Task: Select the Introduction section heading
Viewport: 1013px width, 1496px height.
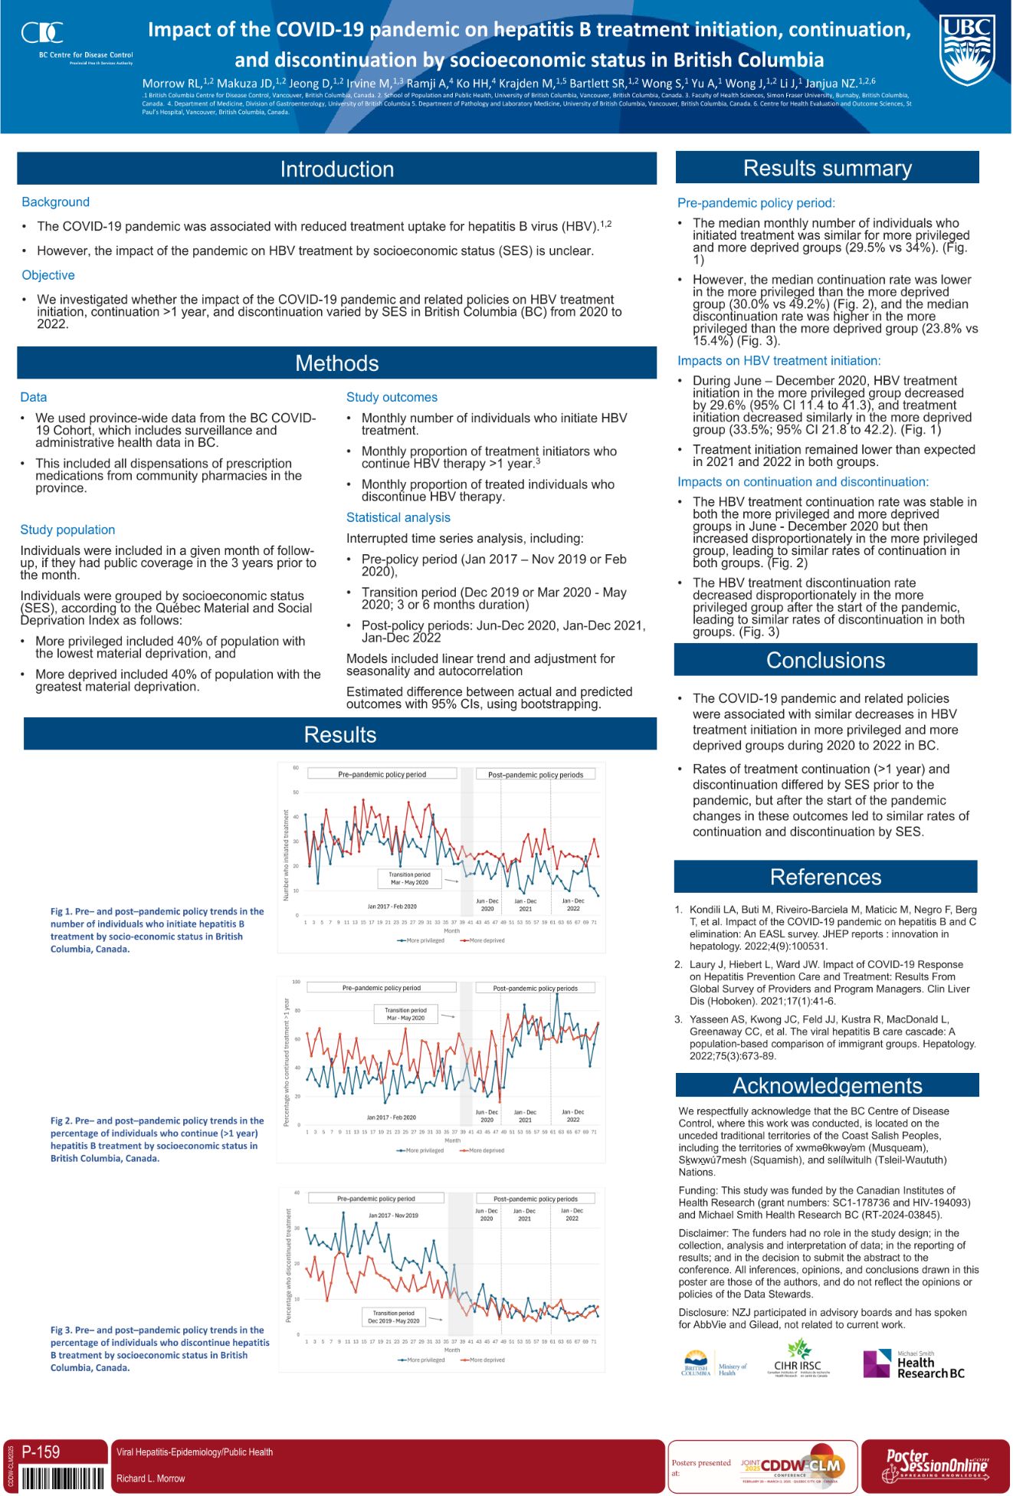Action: coord(336,169)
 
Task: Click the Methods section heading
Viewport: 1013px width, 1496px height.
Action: coord(336,363)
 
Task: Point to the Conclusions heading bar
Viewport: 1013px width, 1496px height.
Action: coord(825,660)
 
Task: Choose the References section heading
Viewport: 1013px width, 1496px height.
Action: coord(825,877)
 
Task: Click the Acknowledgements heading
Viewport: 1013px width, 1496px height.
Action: coord(827,1085)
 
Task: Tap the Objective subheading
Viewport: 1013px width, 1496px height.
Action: coord(48,275)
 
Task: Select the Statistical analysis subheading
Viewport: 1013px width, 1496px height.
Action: coord(398,517)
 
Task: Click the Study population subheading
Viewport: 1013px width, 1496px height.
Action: coord(67,530)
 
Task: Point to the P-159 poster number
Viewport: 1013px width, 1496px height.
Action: coord(41,1451)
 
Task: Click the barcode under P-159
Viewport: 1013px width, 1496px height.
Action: coord(63,1478)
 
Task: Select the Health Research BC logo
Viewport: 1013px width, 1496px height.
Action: coord(914,1363)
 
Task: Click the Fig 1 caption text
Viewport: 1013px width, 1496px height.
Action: coord(157,930)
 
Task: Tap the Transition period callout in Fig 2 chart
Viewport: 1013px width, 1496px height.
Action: coord(405,1014)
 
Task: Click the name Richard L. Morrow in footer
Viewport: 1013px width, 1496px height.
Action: coord(151,1478)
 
